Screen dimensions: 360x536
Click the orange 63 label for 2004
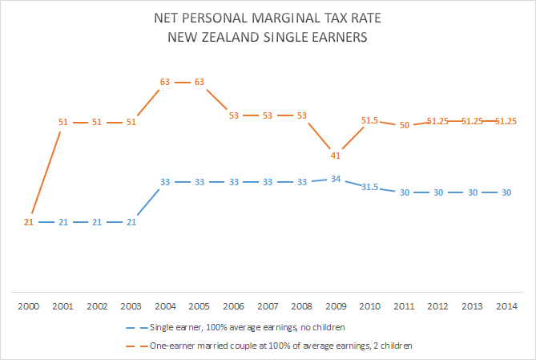point(165,82)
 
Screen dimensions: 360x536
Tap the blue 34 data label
point(337,179)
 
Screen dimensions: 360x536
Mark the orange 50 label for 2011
point(405,125)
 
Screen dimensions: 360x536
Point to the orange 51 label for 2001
point(62,122)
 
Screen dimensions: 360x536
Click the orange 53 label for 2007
point(268,115)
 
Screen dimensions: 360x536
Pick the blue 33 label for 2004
point(165,182)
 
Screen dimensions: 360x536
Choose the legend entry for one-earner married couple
point(277,345)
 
